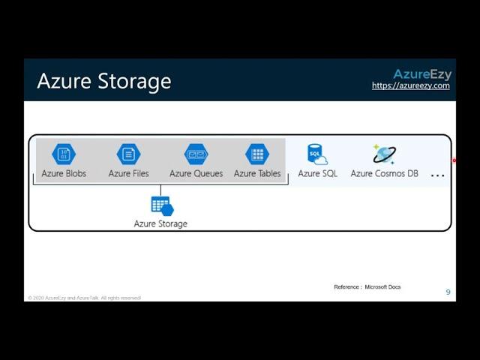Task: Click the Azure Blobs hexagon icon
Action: pos(64,154)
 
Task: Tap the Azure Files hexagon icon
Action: pos(128,154)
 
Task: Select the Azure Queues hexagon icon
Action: pos(196,154)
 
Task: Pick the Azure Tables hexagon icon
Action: pos(257,154)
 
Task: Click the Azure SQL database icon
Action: pos(317,154)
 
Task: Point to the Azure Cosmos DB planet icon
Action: pos(384,154)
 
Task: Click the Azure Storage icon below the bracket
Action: pos(161,205)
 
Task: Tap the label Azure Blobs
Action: pos(63,174)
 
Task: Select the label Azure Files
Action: pos(128,174)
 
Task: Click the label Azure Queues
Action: pos(196,174)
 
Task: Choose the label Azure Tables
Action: pos(257,174)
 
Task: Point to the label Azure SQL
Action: pos(317,174)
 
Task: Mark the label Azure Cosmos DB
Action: pos(384,174)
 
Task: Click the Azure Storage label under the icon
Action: pos(160,223)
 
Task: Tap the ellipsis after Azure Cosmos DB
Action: pos(437,175)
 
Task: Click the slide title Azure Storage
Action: pos(103,81)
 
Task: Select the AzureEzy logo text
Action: pos(421,73)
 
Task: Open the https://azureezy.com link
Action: pos(410,85)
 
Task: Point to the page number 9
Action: pos(448,292)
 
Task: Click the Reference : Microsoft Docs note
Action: pos(367,286)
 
